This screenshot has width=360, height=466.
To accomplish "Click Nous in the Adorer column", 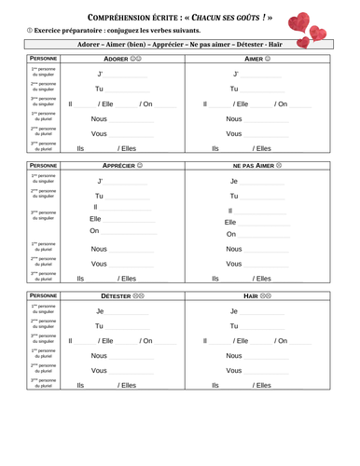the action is pyautogui.click(x=99, y=119).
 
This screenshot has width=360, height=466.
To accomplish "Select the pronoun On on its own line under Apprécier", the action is pyautogui.click(x=94, y=231).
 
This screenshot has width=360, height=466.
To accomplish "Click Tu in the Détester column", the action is pyautogui.click(x=99, y=326).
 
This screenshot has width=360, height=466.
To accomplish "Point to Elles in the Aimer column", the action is pyautogui.click(x=263, y=148).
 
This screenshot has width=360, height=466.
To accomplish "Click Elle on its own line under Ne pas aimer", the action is pyautogui.click(x=231, y=223).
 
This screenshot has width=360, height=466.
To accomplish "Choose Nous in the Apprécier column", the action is pyautogui.click(x=99, y=249).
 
